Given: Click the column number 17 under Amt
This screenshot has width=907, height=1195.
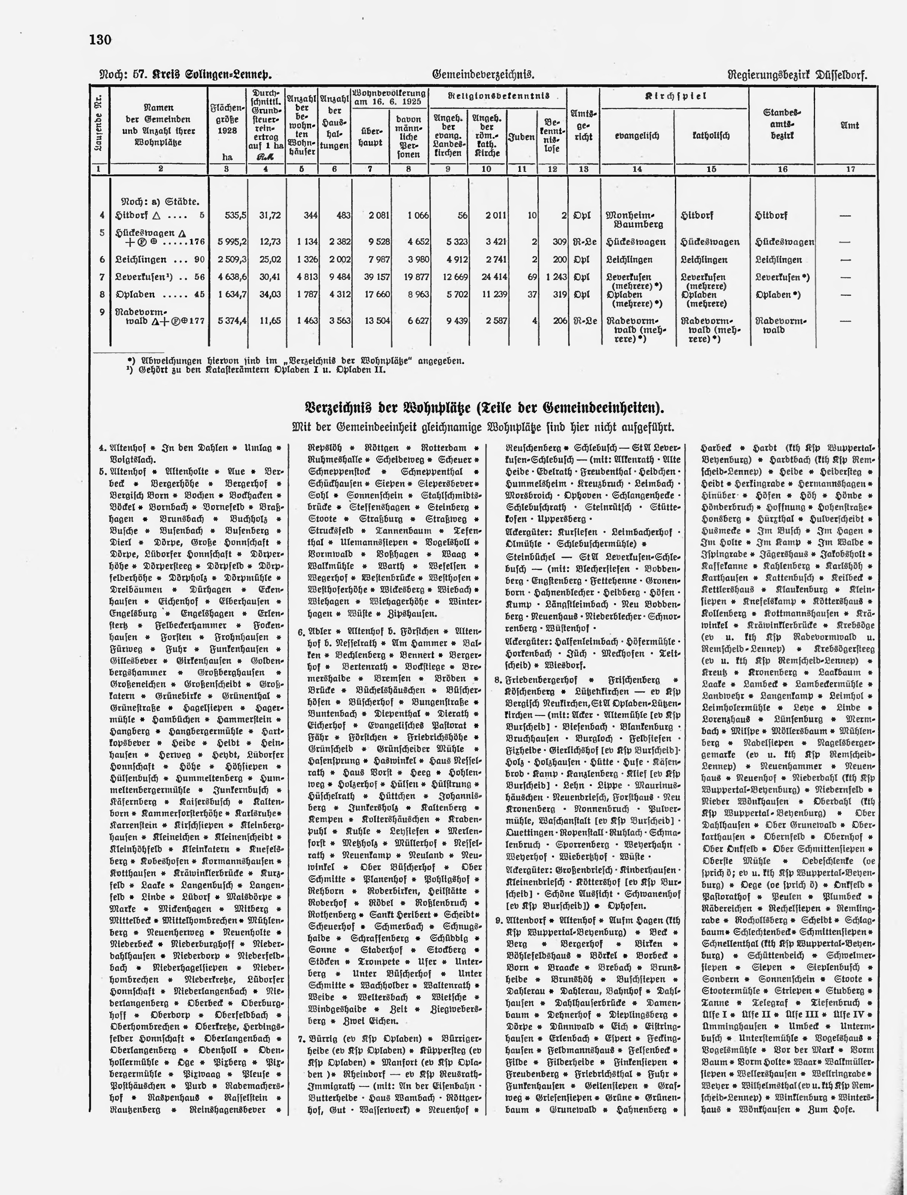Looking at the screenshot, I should pos(850,169).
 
